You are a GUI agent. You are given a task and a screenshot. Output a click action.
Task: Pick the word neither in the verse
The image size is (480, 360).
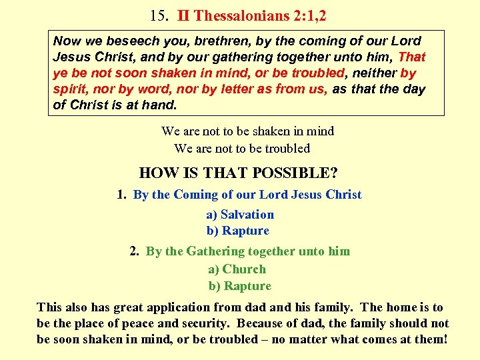373,73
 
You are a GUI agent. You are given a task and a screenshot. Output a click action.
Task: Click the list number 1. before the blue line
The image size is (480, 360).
122,195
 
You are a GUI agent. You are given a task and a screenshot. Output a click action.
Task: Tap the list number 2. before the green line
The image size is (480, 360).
135,251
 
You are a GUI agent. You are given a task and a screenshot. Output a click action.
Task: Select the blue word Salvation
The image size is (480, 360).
247,215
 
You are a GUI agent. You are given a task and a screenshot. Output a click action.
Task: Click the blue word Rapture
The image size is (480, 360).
245,231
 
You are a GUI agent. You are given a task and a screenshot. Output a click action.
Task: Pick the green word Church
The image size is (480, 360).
244,269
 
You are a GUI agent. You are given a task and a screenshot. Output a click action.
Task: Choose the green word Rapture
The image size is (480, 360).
247,286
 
